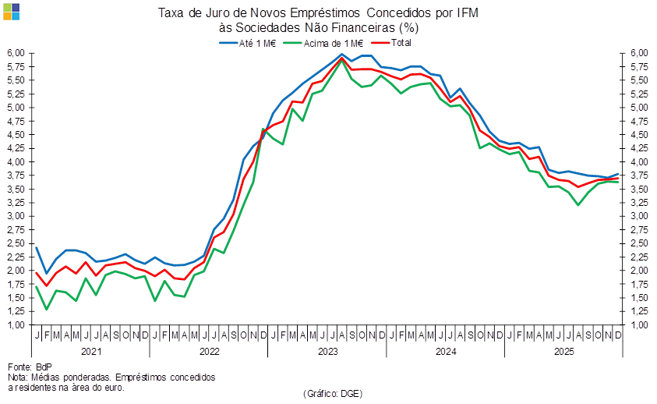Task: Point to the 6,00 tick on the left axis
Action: point(16,53)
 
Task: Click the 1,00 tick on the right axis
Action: point(639,324)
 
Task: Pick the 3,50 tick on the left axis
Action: point(16,189)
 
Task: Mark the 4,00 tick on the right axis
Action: point(639,161)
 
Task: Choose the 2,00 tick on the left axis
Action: point(16,270)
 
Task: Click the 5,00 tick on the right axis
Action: point(639,107)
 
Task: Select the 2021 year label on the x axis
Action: point(91,352)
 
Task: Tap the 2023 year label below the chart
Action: point(327,352)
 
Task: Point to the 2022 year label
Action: point(210,352)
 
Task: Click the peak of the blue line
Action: point(341,54)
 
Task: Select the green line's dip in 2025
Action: point(578,204)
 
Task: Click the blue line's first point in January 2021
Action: point(36,247)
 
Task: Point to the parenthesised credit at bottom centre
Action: point(333,393)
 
